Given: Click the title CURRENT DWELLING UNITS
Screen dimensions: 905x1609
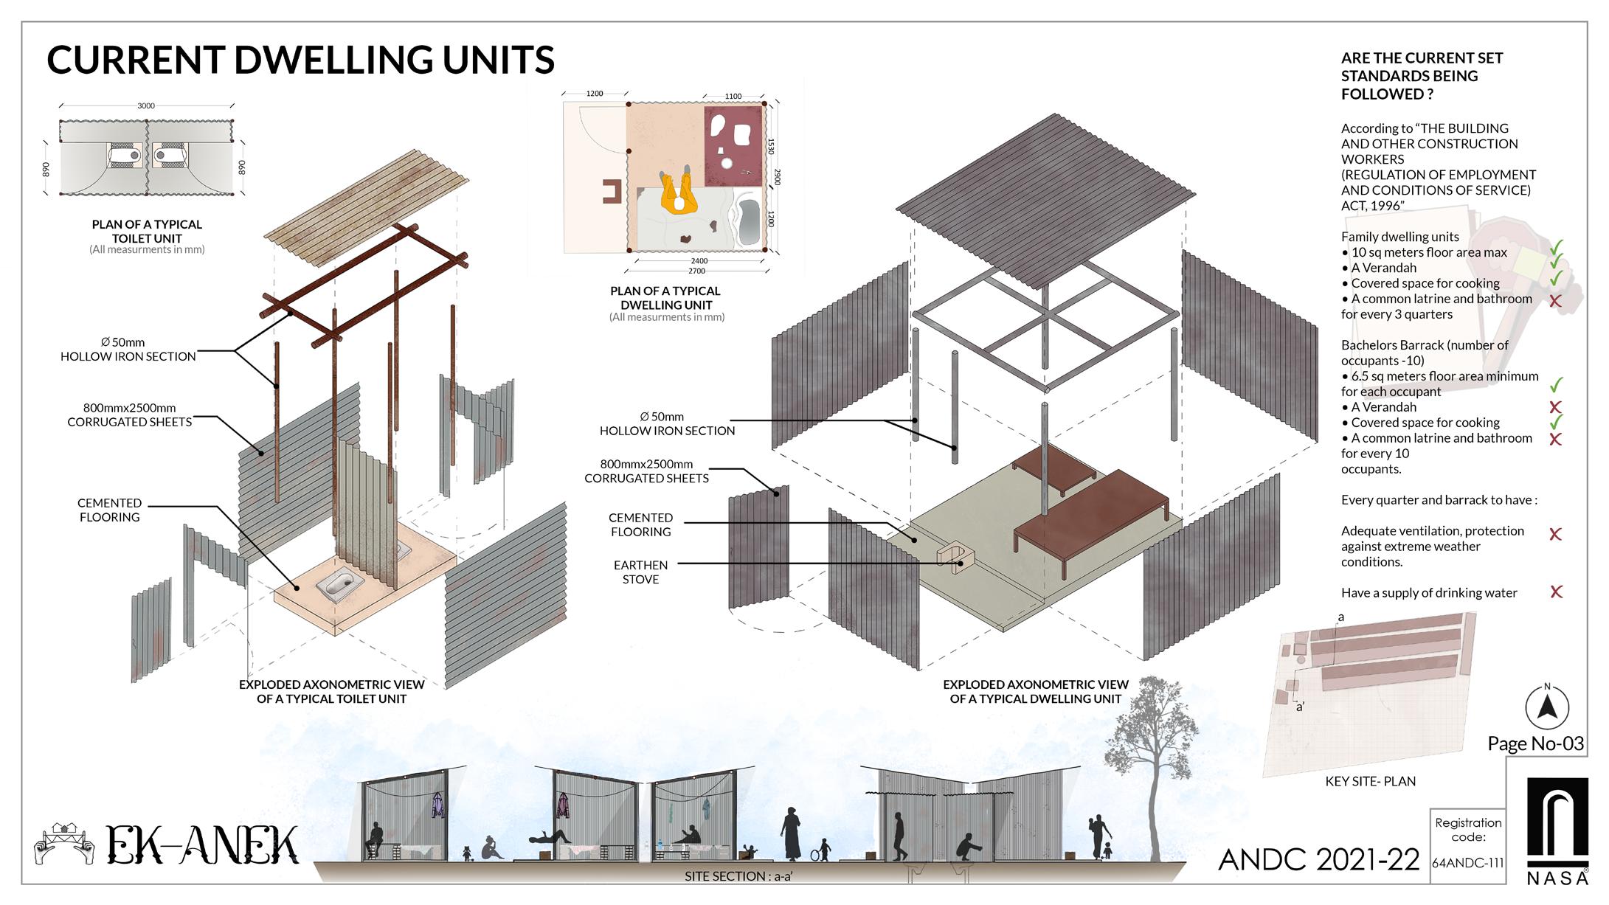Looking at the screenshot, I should click(300, 60).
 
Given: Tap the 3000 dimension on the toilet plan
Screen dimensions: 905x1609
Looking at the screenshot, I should click(146, 106).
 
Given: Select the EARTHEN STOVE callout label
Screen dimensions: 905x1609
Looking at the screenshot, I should click(640, 572).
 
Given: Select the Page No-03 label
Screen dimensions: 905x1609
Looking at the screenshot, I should click(1536, 743).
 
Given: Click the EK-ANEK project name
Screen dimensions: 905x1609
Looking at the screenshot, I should click(203, 845).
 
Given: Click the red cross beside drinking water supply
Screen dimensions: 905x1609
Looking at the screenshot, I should click(1556, 592).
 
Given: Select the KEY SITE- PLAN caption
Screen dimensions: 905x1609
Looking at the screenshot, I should click(1370, 781).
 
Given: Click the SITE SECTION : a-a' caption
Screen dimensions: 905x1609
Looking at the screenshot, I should click(738, 876).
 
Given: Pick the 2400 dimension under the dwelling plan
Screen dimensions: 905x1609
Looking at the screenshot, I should click(699, 261).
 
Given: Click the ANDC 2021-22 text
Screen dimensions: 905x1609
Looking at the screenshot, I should click(1318, 860).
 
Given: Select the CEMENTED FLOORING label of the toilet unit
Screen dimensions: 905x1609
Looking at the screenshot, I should click(109, 510).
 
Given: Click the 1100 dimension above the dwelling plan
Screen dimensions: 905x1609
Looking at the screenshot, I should click(733, 97).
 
